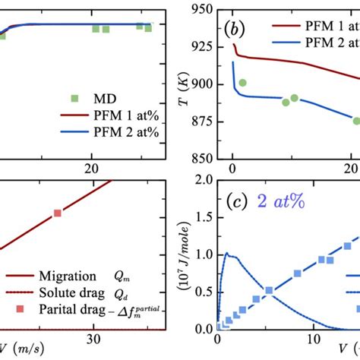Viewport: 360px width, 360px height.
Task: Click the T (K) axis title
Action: coord(182,84)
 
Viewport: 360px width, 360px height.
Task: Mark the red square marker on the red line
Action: coord(57,214)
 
